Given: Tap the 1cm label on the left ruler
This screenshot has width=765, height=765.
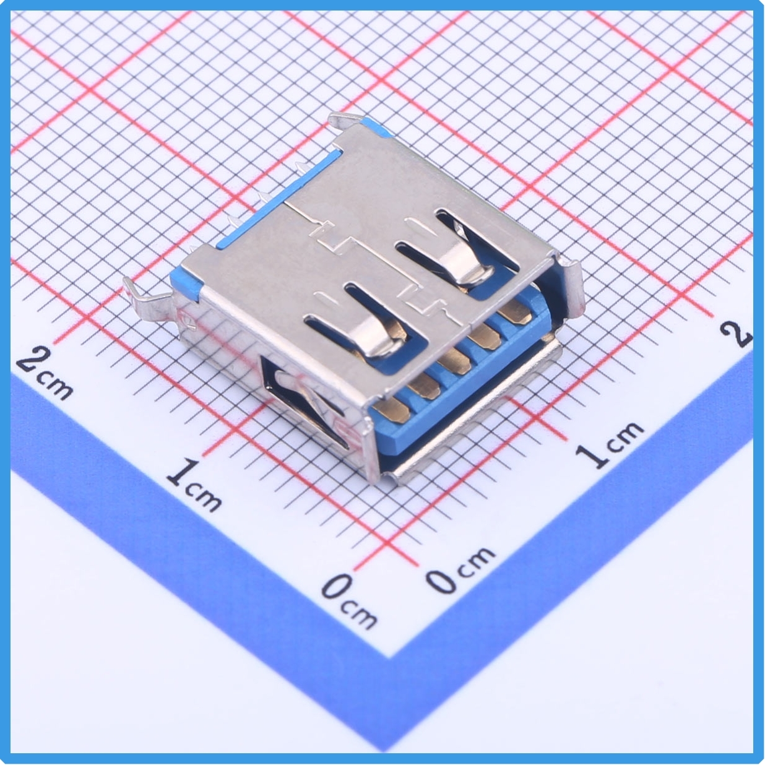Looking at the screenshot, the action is [x=193, y=485].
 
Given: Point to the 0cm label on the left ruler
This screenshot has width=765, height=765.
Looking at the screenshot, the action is [x=349, y=600].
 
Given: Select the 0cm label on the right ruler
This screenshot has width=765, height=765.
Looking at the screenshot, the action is [x=460, y=571].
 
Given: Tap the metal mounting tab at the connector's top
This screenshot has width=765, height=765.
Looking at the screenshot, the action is [x=346, y=120].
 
